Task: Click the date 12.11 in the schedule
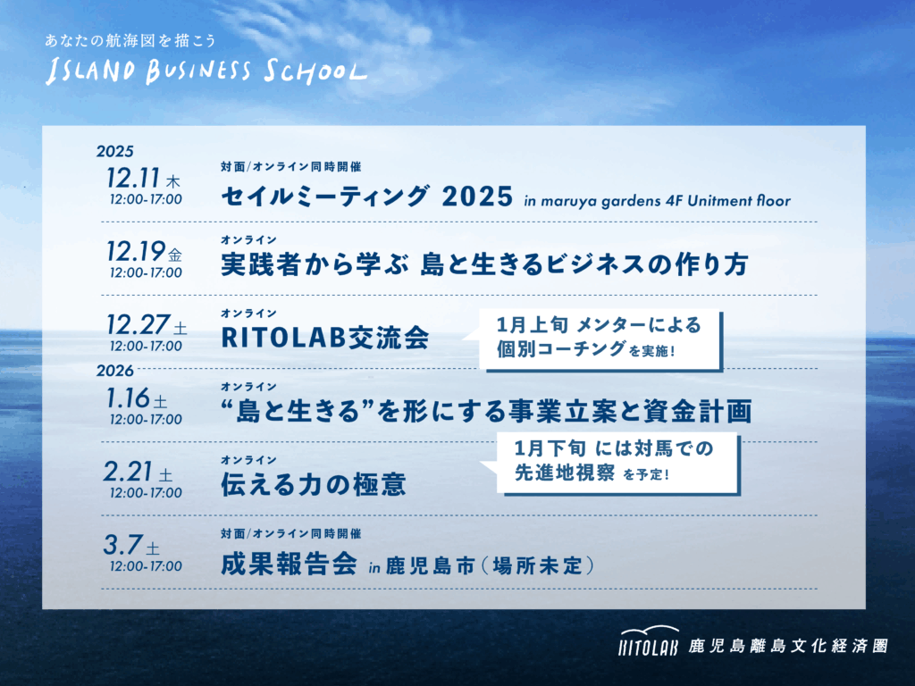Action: [133, 178]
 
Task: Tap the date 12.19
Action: [136, 251]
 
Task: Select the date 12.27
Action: [138, 324]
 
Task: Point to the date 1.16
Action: [128, 398]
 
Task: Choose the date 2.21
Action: [128, 472]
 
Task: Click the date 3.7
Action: [122, 545]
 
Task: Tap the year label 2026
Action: [115, 371]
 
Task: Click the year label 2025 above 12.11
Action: [115, 152]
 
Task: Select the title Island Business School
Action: [206, 71]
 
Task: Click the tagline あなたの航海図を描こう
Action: [130, 40]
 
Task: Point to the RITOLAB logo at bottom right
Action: [649, 640]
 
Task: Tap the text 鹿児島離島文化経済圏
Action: [788, 646]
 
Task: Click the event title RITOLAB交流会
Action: [325, 337]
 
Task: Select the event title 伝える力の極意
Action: [314, 484]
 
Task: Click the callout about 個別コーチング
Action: [600, 339]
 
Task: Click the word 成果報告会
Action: [289, 565]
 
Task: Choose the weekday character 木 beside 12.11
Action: [173, 181]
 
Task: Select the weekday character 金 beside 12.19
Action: [175, 255]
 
